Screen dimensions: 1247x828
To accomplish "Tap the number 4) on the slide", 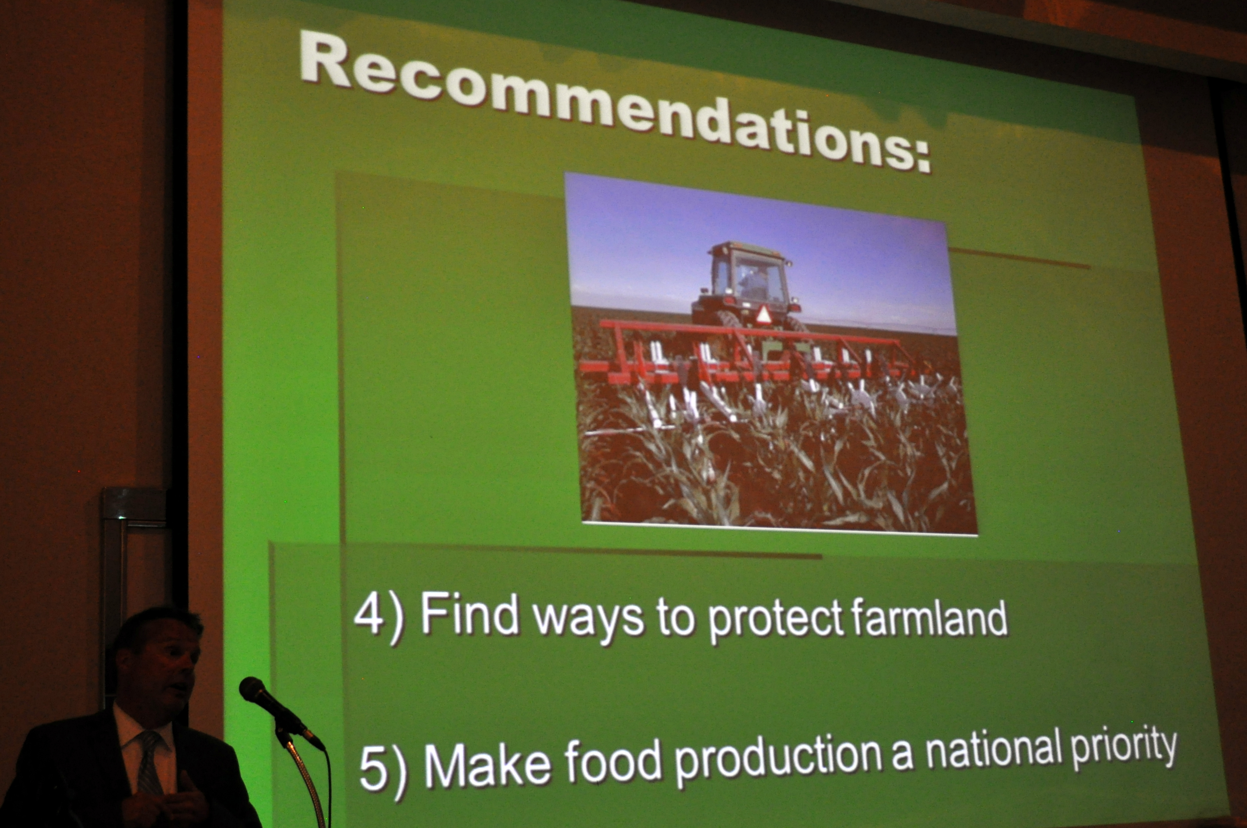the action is click(378, 617).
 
